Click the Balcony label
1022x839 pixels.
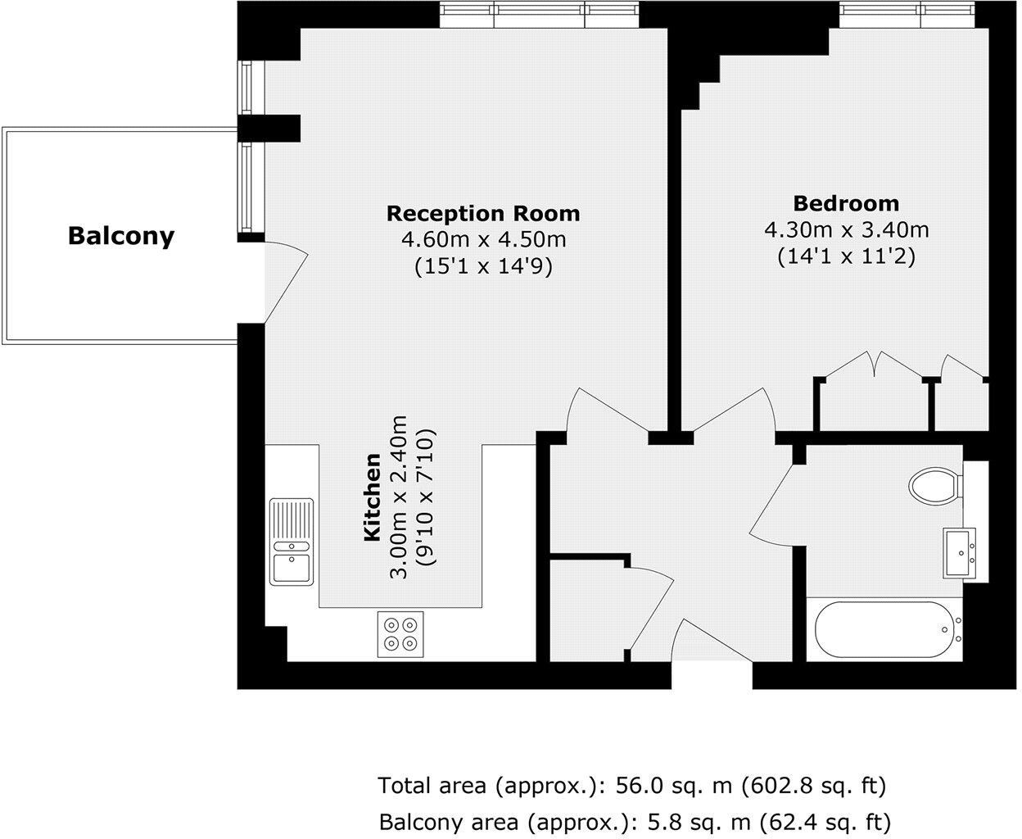[121, 236]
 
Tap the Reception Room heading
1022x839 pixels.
[482, 214]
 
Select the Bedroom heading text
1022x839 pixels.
[846, 203]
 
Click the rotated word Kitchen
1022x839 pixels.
[372, 497]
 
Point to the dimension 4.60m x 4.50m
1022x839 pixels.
[482, 240]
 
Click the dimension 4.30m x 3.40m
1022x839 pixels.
[846, 229]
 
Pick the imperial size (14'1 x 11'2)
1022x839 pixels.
[846, 256]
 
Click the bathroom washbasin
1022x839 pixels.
[961, 553]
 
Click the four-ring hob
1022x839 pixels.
[401, 634]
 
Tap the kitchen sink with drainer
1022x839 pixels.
[292, 542]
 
